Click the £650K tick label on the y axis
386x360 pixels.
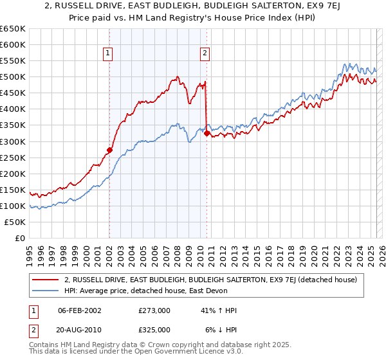[13, 29]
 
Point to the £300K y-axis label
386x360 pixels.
[13, 141]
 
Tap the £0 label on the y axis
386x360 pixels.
[19, 239]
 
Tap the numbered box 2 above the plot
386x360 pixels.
[205, 54]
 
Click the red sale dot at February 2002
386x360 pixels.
[109, 150]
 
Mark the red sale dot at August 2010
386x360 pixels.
[207, 133]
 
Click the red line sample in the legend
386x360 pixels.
[45, 280]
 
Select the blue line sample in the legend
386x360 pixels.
[45, 290]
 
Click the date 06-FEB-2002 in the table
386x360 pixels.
[80, 310]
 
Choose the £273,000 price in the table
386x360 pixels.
[154, 310]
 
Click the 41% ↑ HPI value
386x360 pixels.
[219, 310]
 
